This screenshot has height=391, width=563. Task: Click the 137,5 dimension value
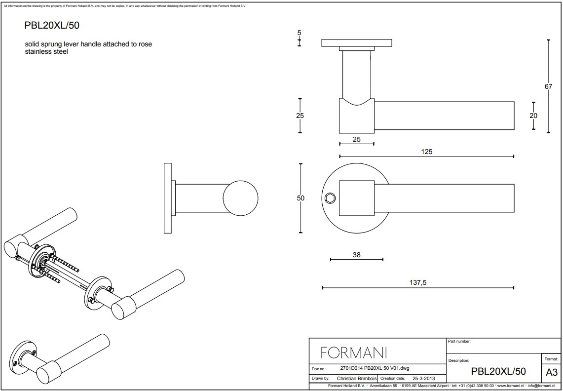point(418,283)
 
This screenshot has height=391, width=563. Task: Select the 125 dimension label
point(426,152)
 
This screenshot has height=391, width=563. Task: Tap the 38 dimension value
point(357,255)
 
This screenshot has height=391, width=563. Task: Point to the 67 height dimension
point(548,86)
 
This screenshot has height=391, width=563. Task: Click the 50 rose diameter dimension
point(301,198)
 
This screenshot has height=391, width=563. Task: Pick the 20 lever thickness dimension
point(533,116)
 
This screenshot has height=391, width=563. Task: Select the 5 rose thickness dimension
point(299,33)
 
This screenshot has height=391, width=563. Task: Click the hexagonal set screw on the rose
point(331,197)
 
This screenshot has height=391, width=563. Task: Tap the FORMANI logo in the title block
point(354,352)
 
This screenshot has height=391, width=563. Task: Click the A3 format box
point(552,372)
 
